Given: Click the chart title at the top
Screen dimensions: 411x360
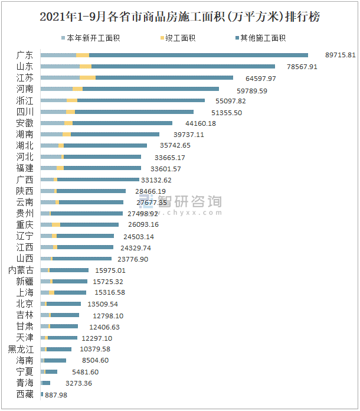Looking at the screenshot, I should (179, 17).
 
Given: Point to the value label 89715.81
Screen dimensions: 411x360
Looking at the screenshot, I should (341, 55).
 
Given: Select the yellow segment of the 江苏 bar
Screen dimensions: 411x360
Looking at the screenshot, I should (87, 77).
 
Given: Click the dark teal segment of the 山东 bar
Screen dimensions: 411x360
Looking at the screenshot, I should (183, 66).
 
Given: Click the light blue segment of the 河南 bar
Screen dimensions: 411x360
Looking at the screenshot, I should (56, 89).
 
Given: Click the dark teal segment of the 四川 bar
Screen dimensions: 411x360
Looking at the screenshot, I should (134, 112).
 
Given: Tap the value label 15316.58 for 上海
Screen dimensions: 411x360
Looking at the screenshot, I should (109, 292).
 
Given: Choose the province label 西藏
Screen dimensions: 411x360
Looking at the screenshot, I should (25, 394).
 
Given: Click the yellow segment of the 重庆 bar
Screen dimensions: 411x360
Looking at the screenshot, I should (56, 224).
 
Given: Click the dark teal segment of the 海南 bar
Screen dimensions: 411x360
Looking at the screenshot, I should (55, 360).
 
